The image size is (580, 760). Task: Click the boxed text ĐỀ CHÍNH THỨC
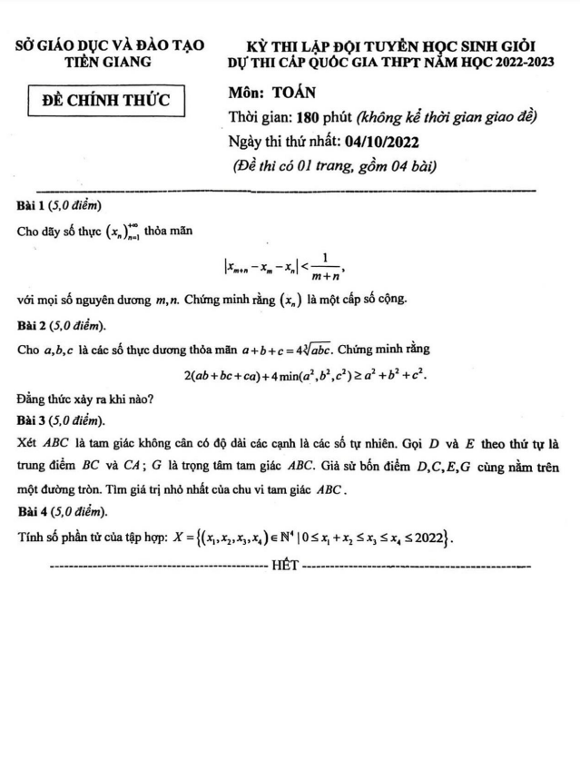[107, 100]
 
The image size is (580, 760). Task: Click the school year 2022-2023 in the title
[495, 62]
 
